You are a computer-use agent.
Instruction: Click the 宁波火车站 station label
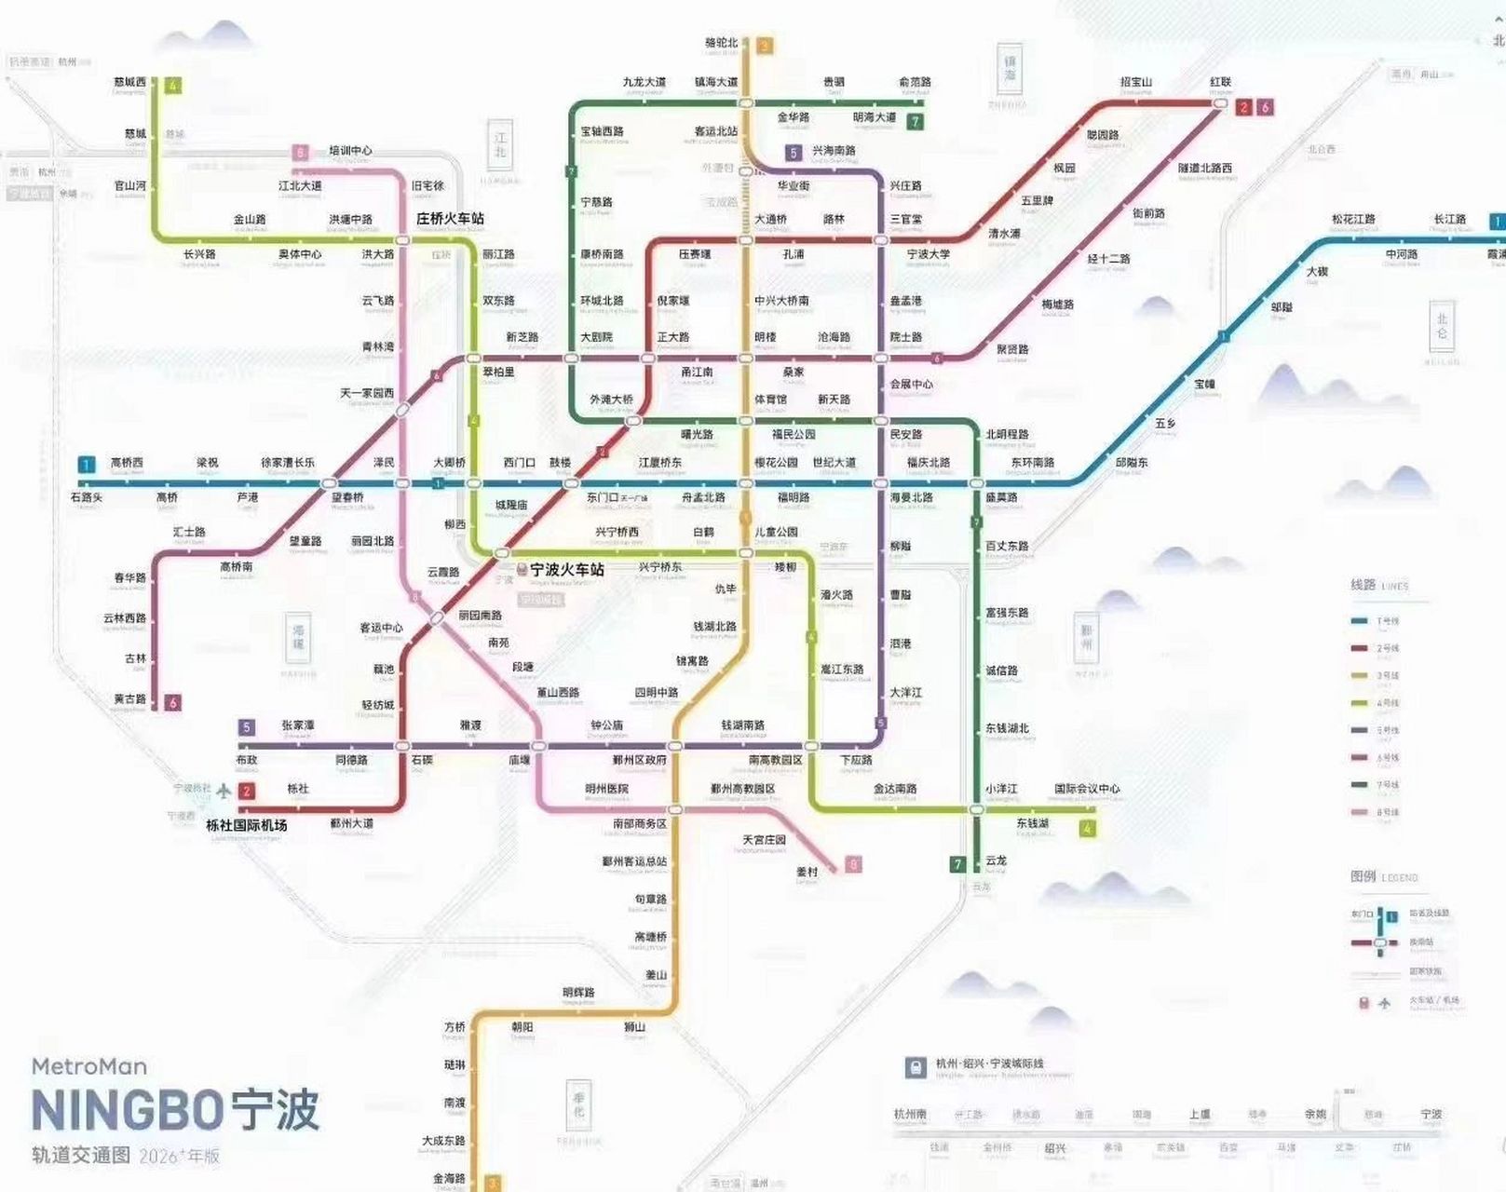pyautogui.click(x=566, y=569)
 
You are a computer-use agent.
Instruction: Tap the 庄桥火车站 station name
pyautogui.click(x=450, y=219)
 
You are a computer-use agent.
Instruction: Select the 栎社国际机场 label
pyautogui.click(x=246, y=825)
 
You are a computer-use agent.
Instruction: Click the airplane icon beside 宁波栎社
pyautogui.click(x=224, y=791)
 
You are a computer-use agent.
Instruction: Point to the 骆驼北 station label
pyautogui.click(x=721, y=43)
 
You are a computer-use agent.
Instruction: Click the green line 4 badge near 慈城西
pyautogui.click(x=172, y=86)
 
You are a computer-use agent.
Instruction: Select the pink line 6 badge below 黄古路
pyautogui.click(x=172, y=703)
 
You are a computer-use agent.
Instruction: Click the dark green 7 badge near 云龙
pyautogui.click(x=957, y=864)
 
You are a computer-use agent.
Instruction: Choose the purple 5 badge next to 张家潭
pyautogui.click(x=247, y=727)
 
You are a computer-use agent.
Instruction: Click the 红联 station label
pyautogui.click(x=1220, y=82)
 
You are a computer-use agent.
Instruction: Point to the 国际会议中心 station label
pyautogui.click(x=1087, y=789)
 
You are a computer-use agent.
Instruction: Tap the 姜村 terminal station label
pyautogui.click(x=807, y=872)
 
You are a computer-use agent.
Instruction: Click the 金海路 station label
pyautogui.click(x=449, y=1178)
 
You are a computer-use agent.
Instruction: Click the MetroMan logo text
pyautogui.click(x=89, y=1066)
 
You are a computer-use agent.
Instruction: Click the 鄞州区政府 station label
pyautogui.click(x=639, y=760)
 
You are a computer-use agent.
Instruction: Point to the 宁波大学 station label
pyautogui.click(x=928, y=254)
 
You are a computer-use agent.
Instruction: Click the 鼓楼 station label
pyautogui.click(x=560, y=462)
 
